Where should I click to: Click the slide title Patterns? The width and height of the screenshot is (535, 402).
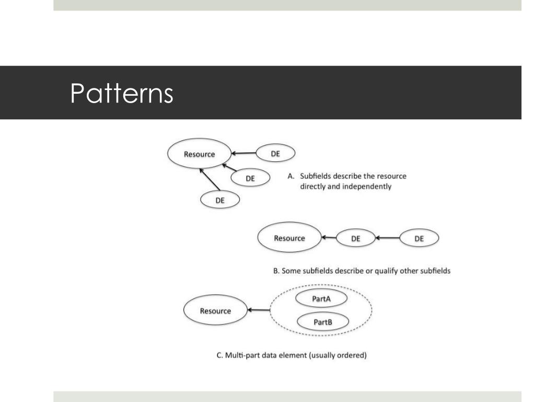122,93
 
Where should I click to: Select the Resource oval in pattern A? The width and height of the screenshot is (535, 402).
199,153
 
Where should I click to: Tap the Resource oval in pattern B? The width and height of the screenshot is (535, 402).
289,238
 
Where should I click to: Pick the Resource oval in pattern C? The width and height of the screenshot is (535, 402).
215,310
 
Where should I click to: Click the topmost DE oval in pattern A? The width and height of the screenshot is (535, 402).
275,153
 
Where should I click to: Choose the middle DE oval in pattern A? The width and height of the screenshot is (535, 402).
250,178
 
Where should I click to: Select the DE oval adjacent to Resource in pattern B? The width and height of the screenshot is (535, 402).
355,239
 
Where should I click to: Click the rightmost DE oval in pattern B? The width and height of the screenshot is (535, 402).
418,239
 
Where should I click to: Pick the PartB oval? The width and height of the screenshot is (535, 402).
322,321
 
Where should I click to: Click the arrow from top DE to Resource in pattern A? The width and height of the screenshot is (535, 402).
243,153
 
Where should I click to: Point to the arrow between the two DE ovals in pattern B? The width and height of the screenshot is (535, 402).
387,239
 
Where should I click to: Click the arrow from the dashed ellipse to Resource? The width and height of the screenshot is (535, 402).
259,310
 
